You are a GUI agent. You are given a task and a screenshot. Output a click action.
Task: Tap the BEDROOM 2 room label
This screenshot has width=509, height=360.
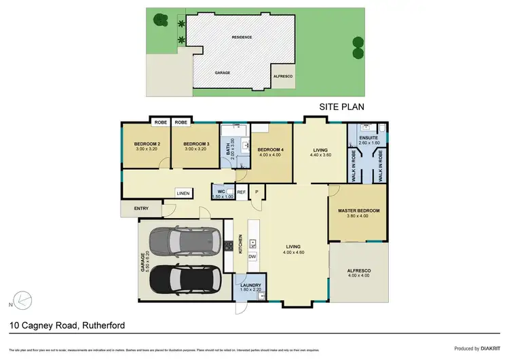tap(147, 144)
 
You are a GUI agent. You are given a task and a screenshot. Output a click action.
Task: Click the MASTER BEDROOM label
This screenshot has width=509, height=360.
tap(358, 211)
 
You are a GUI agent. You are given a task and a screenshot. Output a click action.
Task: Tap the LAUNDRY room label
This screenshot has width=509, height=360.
tap(250, 285)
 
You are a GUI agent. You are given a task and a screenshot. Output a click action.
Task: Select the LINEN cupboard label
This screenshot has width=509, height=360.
tap(183, 194)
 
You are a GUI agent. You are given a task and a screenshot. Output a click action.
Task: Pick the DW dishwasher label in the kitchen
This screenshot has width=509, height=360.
tap(252, 256)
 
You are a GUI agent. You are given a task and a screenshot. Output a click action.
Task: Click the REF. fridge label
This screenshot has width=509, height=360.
tap(242, 192)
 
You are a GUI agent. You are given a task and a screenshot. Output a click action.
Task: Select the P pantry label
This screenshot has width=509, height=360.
tap(257, 192)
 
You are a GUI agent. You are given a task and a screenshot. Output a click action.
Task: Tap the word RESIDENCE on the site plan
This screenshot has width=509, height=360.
tap(242, 37)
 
